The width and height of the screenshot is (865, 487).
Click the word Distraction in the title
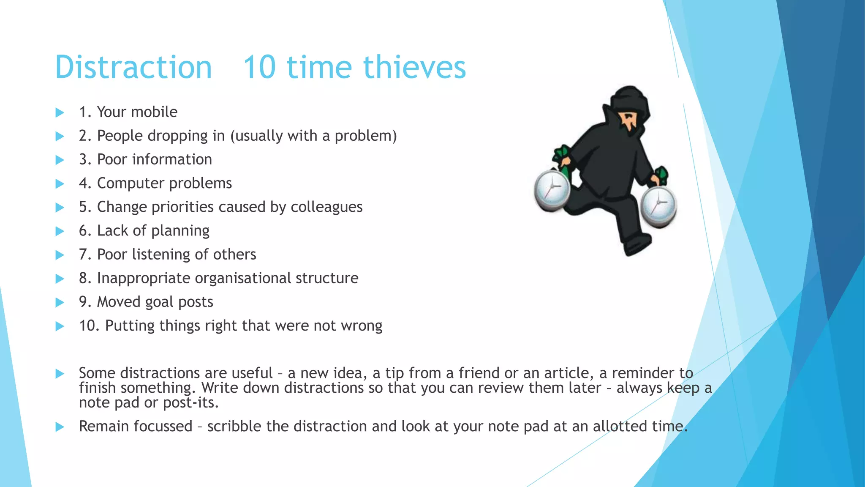click(x=133, y=68)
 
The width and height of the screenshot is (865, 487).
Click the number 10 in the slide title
click(x=259, y=68)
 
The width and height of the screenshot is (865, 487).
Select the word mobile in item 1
click(x=155, y=112)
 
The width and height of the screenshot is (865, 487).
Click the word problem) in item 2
click(x=366, y=136)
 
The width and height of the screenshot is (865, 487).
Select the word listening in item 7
click(x=161, y=254)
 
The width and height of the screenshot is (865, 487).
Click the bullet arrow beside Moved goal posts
click(x=60, y=302)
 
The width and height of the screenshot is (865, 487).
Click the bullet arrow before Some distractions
click(x=60, y=373)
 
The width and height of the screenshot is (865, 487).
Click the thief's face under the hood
click(x=629, y=120)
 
